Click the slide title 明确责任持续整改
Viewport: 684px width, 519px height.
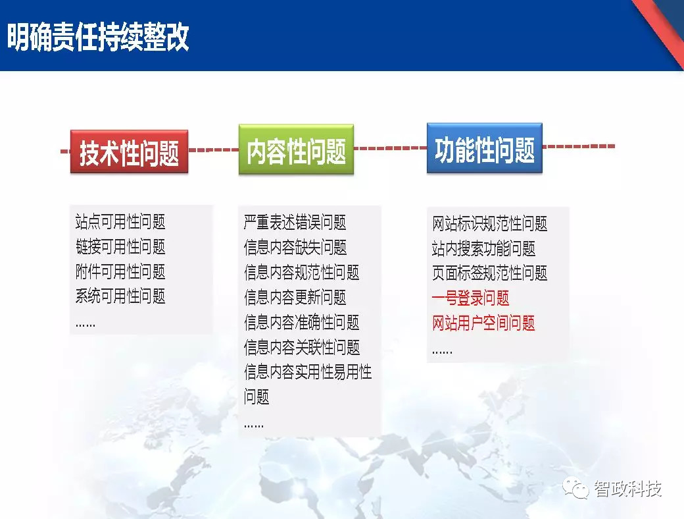click(98, 37)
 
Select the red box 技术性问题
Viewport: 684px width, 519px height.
click(129, 151)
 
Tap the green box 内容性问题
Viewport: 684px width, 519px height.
click(296, 150)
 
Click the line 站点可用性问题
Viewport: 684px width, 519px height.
click(120, 221)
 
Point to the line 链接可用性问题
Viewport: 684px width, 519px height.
click(120, 246)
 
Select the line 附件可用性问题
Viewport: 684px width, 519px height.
click(120, 271)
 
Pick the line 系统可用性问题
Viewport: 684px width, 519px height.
click(120, 296)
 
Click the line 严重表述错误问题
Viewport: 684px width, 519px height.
click(295, 223)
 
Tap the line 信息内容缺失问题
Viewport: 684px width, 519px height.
click(295, 247)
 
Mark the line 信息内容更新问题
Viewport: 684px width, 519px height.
click(295, 298)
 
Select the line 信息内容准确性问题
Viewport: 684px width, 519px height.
click(302, 323)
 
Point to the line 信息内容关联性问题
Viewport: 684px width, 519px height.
click(302, 347)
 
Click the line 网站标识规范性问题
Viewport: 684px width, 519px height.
click(489, 224)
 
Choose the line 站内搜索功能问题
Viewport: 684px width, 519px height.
click(483, 248)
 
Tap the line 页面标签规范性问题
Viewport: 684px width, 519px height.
click(489, 273)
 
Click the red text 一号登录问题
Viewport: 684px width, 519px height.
click(470, 298)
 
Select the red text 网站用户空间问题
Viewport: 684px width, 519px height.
click(483, 323)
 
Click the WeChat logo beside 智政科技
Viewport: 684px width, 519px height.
click(576, 487)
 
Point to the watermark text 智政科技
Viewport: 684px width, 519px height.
click(627, 489)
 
